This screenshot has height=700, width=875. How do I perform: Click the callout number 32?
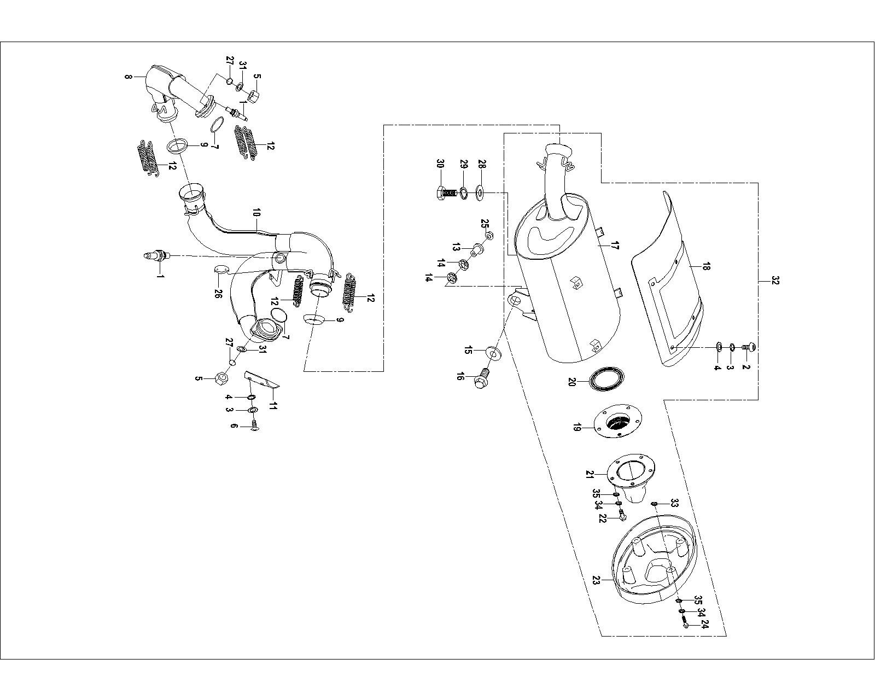tap(775, 281)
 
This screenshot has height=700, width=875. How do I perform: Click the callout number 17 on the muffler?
tap(614, 247)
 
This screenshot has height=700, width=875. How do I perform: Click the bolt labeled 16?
tap(481, 377)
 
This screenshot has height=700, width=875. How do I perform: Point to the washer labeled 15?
tap(493, 353)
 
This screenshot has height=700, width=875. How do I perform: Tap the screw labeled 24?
tap(686, 620)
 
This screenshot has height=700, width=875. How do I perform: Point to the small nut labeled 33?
tap(654, 503)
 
